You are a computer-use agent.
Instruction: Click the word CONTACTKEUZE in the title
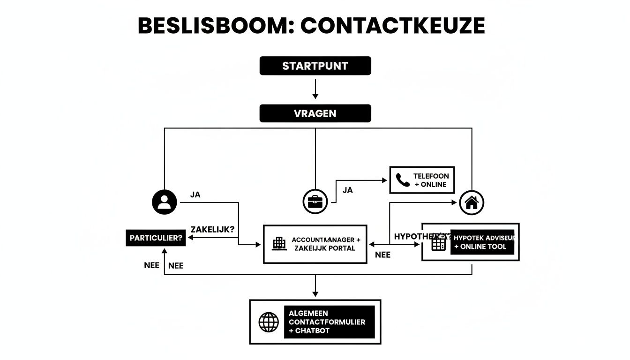point(392,26)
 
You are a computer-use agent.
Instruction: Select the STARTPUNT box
point(315,66)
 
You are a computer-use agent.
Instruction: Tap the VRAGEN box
point(315,113)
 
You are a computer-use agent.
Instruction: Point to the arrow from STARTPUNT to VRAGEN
point(315,89)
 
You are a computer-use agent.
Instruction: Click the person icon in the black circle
point(165,202)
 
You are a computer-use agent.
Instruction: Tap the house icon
point(472,203)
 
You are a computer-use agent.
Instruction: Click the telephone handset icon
point(402,180)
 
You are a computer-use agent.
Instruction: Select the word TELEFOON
point(431,176)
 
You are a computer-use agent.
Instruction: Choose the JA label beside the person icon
point(195,195)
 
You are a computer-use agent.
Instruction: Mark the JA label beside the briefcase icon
point(347,190)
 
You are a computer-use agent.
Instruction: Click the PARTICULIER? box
point(156,238)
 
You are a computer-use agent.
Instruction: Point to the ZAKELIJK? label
point(213,229)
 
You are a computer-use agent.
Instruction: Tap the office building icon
point(279,243)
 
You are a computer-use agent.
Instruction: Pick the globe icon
point(269,322)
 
